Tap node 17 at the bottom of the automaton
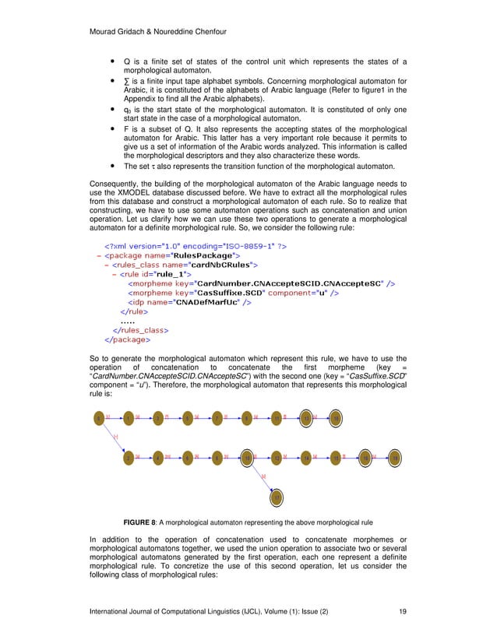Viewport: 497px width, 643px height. [277, 496]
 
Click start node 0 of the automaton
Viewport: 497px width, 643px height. [98, 420]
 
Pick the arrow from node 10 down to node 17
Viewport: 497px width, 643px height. [263, 477]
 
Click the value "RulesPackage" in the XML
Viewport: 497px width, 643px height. [186, 255]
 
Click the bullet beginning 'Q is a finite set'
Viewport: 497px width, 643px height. [114, 62]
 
